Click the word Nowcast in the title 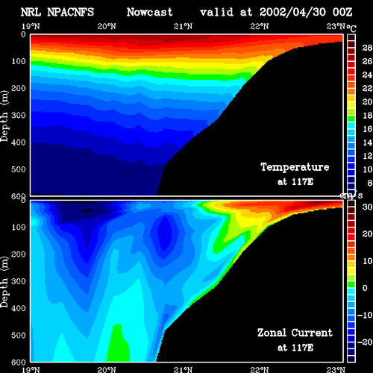tap(150, 12)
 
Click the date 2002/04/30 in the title tap(292, 12)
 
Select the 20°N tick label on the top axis tap(107, 26)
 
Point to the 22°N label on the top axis tap(260, 26)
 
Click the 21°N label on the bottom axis tap(183, 369)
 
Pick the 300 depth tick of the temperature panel tap(19, 115)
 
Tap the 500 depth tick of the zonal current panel tap(19, 335)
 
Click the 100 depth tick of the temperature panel tap(19, 61)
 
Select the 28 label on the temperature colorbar tap(367, 48)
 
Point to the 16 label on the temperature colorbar tap(367, 129)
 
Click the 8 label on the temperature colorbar tap(370, 183)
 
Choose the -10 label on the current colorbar tap(365, 315)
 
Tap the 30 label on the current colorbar tap(367, 207)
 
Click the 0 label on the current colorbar tap(365, 288)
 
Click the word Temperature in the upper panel tap(295, 167)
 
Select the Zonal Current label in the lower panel tap(295, 333)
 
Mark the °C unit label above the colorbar tap(351, 28)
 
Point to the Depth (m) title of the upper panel tap(4, 116)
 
